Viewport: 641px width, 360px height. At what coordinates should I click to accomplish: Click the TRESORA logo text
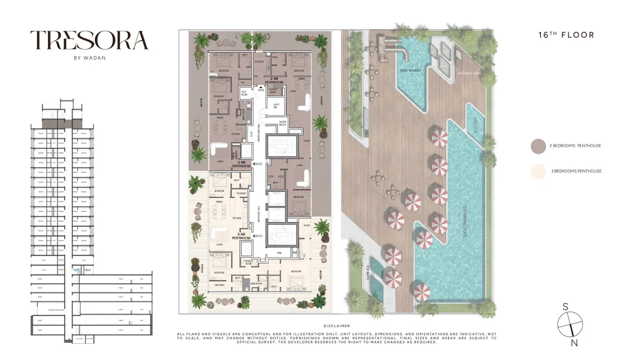coord(89,41)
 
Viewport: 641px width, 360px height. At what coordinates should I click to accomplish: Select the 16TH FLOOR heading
coord(566,35)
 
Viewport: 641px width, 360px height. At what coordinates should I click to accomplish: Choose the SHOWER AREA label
coord(469,73)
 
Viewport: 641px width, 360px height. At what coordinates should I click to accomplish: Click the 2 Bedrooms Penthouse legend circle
coord(538,146)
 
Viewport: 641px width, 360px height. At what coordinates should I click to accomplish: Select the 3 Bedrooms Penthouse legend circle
coord(538,171)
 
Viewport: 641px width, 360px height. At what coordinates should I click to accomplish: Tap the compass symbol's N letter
coord(574,343)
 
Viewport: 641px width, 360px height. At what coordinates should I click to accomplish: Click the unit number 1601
coord(261,90)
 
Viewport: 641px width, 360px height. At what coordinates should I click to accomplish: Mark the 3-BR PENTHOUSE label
coord(241,236)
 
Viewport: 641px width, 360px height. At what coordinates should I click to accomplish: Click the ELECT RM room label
coord(276,106)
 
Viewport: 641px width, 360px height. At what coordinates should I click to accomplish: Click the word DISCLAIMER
coord(336,326)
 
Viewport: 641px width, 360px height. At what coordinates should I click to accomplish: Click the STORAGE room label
coord(241,193)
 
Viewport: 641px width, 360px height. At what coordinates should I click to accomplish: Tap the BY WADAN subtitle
coord(89,58)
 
